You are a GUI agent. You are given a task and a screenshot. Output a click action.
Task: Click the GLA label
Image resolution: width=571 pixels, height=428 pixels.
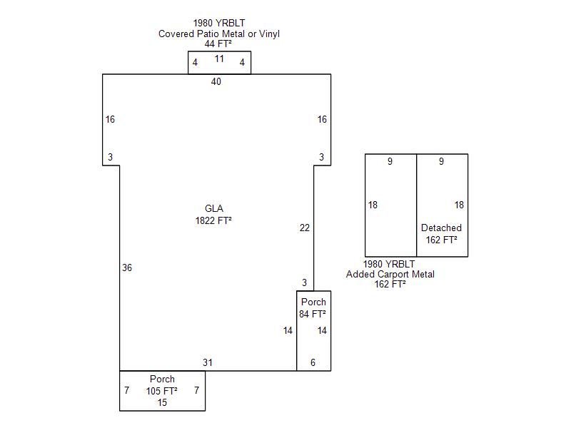click(214, 208)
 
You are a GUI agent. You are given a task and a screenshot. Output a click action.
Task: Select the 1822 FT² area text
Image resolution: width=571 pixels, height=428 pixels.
click(213, 220)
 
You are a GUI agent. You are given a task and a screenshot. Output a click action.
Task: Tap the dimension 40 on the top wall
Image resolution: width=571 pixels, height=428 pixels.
click(216, 82)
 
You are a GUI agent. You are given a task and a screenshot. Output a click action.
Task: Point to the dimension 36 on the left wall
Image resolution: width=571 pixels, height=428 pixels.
click(126, 268)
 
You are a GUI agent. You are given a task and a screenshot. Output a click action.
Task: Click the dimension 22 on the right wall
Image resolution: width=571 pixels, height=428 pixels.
click(305, 228)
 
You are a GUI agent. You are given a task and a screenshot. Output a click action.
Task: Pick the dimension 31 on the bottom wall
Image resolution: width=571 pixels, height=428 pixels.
click(208, 363)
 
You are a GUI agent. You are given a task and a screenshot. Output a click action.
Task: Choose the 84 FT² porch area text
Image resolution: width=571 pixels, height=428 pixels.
click(313, 314)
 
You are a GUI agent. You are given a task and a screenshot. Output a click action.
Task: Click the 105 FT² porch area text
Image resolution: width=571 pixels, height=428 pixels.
click(162, 391)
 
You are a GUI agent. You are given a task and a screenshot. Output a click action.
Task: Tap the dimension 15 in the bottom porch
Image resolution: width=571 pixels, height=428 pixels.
click(162, 403)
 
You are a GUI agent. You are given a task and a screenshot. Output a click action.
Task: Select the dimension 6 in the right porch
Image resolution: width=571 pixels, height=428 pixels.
click(313, 363)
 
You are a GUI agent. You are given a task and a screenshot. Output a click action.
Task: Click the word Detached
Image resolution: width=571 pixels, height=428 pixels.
click(441, 228)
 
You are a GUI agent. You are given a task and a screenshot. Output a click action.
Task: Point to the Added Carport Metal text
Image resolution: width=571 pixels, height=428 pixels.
click(390, 275)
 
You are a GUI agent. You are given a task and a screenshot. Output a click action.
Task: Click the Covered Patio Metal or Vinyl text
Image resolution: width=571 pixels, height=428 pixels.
click(219, 34)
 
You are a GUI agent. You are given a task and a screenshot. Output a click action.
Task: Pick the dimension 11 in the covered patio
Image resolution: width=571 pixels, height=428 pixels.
click(219, 59)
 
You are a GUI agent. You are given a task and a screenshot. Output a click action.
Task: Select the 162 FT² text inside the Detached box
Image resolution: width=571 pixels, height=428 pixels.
click(441, 240)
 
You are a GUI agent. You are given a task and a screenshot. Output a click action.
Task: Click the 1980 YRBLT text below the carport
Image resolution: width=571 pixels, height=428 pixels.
click(389, 264)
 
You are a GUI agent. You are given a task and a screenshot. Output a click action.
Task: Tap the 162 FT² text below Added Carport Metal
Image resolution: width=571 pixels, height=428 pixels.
click(390, 285)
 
